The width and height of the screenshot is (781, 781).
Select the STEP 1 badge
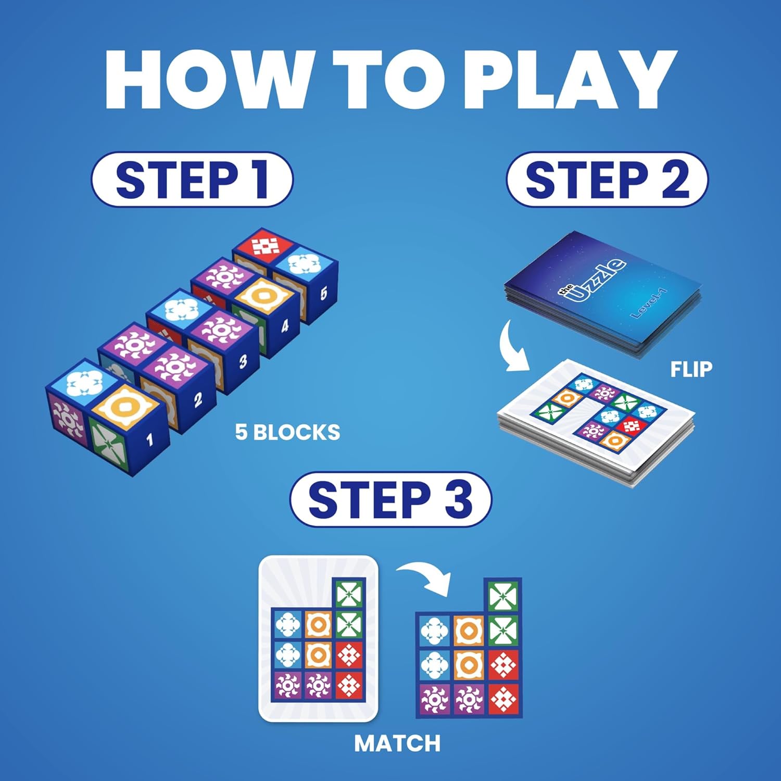pyautogui.click(x=192, y=180)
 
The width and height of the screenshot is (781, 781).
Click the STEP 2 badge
pyautogui.click(x=607, y=180)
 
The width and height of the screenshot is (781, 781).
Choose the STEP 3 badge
pyautogui.click(x=391, y=499)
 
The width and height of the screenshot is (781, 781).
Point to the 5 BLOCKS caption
pyautogui.click(x=287, y=432)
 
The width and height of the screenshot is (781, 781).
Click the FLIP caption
pyautogui.click(x=691, y=369)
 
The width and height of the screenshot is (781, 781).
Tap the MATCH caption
pyautogui.click(x=397, y=743)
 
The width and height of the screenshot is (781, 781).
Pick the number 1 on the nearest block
pyautogui.click(x=150, y=440)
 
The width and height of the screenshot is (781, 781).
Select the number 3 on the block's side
pyautogui.click(x=243, y=361)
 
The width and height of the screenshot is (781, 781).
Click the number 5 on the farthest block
pyautogui.click(x=323, y=293)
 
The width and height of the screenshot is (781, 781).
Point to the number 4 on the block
pyautogui.click(x=284, y=326)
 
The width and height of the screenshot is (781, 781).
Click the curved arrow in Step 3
pyautogui.click(x=424, y=578)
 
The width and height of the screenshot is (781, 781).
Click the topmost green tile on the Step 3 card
pyautogui.click(x=349, y=593)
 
